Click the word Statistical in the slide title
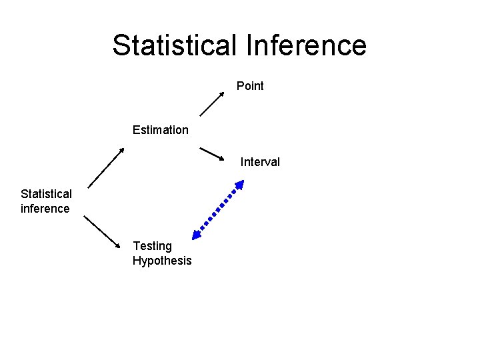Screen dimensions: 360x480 [x=174, y=45]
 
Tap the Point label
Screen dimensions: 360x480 [x=250, y=86]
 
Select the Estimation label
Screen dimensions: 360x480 [x=160, y=130]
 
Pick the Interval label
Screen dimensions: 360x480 [x=260, y=162]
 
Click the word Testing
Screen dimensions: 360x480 [x=152, y=246]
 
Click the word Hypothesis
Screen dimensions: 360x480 [x=162, y=261]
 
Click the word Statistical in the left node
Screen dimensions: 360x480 [x=46, y=194]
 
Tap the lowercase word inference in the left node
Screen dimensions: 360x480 [x=45, y=209]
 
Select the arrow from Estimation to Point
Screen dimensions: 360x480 [x=212, y=103]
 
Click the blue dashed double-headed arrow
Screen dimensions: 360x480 [x=218, y=209]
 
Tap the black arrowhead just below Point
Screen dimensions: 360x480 [x=223, y=93]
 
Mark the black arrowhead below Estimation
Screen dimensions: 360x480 [x=123, y=149]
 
